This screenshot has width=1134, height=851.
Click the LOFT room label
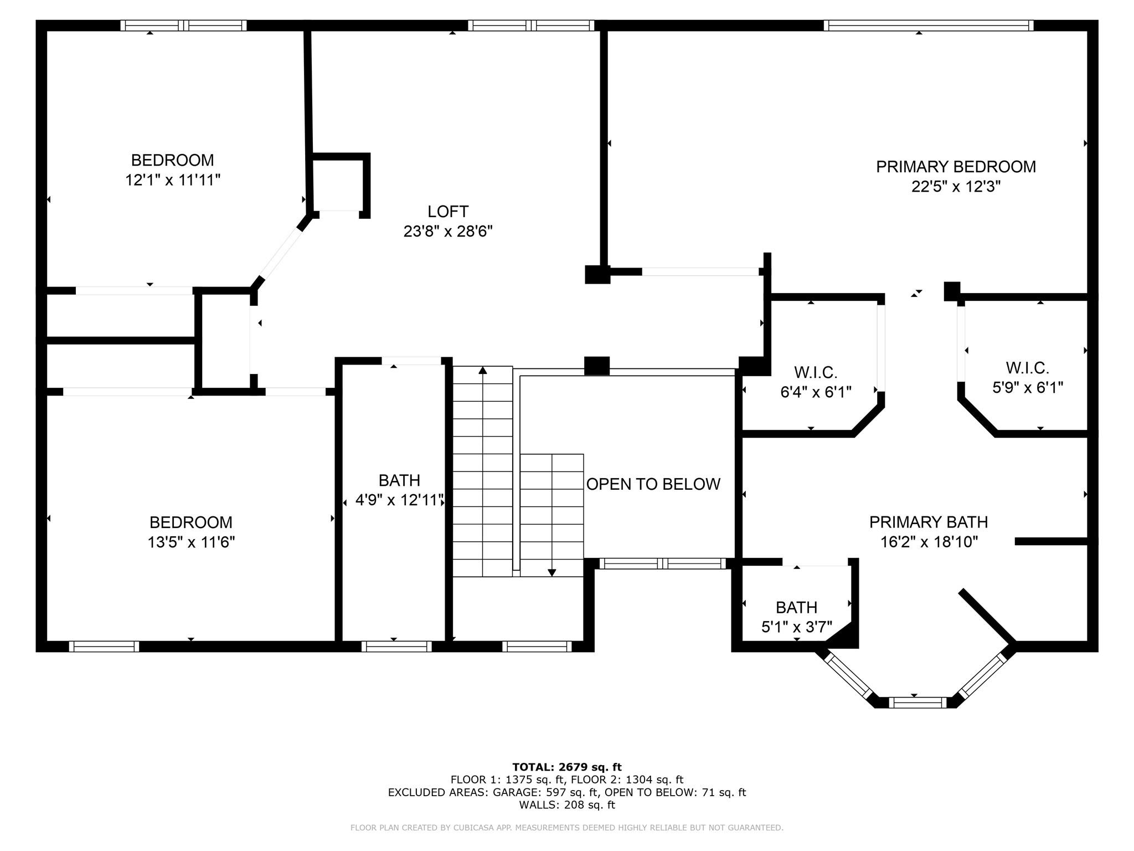448,212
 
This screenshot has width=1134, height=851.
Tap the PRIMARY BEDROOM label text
956,167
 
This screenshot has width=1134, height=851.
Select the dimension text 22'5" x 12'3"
956,187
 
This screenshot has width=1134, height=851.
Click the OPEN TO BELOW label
653,484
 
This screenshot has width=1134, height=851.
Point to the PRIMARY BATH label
929,522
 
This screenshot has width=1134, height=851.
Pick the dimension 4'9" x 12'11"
399,500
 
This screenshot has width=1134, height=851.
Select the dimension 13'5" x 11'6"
191,542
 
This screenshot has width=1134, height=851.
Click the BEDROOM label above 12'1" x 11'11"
172,160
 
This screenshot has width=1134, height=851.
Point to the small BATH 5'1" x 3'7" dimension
797,627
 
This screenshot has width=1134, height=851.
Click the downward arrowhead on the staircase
552,572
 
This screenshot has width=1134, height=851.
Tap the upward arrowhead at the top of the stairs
483,370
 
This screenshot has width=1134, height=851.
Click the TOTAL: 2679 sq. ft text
567,767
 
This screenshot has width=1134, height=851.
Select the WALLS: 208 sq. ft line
567,805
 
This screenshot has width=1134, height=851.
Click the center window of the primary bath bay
917,703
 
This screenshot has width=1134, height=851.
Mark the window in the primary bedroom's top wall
929,25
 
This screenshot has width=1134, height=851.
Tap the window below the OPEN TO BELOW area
663,563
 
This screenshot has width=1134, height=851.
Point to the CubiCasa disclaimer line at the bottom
567,828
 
